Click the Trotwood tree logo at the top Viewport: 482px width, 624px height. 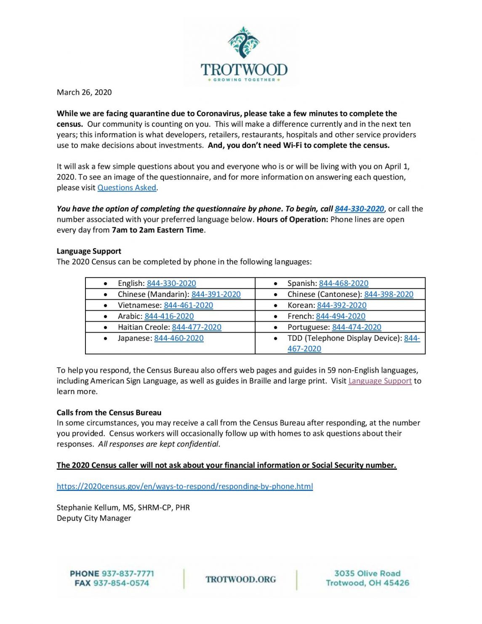[x=243, y=43]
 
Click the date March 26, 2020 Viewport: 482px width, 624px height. [x=84, y=92]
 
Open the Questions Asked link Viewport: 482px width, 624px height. [x=127, y=188]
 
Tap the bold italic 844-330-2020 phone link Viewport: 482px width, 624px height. [x=359, y=209]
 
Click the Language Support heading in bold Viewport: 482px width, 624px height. [x=89, y=251]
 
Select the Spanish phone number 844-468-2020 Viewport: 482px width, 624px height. [x=344, y=283]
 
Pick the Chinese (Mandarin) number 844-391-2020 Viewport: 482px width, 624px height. [x=216, y=294]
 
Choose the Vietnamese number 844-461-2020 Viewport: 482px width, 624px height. [x=188, y=305]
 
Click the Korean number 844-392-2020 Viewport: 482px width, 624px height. [x=341, y=305]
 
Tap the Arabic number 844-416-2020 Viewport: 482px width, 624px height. [x=169, y=316]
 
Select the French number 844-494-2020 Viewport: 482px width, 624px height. [x=341, y=316]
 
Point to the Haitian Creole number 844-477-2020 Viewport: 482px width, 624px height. [x=196, y=327]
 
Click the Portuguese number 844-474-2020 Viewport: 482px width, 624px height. [x=357, y=327]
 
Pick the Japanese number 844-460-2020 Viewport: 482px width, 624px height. [x=178, y=338]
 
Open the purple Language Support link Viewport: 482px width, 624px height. [x=380, y=381]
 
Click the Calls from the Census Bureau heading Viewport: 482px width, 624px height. [x=109, y=413]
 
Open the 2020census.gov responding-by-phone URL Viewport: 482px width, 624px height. [x=185, y=486]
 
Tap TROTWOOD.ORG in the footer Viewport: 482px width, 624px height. [x=241, y=579]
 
